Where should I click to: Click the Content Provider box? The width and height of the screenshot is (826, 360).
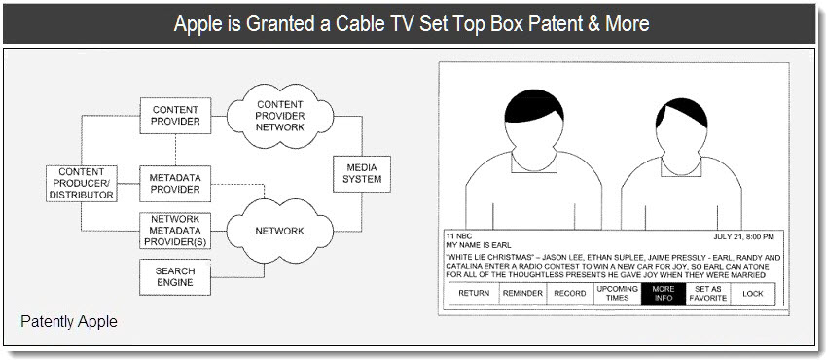(x=175, y=116)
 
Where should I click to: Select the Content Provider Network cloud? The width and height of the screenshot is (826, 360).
(x=280, y=116)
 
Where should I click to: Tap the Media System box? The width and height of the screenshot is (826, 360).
(x=362, y=174)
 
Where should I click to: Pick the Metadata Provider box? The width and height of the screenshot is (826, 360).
(x=175, y=184)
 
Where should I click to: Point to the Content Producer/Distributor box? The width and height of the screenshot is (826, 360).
(x=81, y=184)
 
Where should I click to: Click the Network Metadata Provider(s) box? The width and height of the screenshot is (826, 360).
(x=175, y=231)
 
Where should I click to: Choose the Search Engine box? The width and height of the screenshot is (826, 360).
(x=175, y=276)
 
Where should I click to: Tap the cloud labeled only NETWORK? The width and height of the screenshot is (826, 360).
(x=280, y=231)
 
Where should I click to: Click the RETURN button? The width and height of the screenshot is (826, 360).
(x=474, y=294)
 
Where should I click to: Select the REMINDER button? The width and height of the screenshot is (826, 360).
(x=522, y=294)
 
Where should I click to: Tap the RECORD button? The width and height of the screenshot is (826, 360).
(x=570, y=294)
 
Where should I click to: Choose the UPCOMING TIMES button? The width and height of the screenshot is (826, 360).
(x=618, y=294)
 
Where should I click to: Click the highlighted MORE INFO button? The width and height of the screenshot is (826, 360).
(x=664, y=294)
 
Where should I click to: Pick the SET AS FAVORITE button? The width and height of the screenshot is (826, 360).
(x=708, y=294)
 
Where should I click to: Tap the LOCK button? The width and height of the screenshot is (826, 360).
(x=753, y=294)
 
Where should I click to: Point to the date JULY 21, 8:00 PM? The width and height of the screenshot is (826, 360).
(x=744, y=237)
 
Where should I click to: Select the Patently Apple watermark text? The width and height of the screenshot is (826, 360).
(x=69, y=321)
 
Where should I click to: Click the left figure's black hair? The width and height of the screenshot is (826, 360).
(x=533, y=105)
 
